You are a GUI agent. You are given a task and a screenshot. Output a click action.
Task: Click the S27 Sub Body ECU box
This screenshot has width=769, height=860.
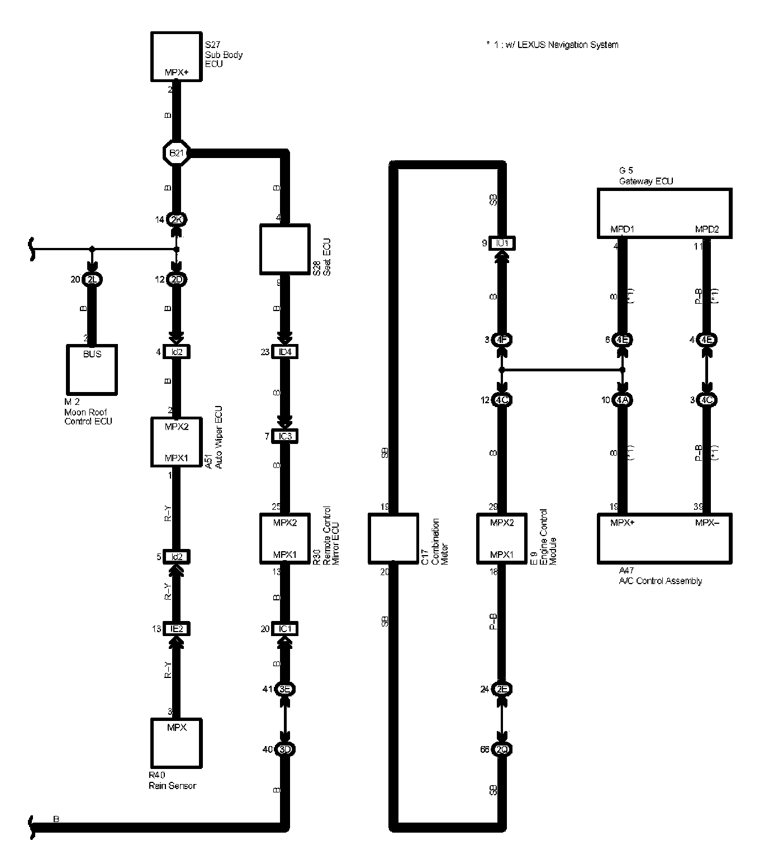(x=176, y=56)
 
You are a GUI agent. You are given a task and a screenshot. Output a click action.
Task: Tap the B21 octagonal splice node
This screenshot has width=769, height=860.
(x=176, y=152)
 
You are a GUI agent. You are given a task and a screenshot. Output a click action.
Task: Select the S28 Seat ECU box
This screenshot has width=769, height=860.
(x=285, y=250)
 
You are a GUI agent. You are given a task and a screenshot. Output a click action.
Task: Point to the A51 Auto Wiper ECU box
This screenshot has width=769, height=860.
(x=176, y=442)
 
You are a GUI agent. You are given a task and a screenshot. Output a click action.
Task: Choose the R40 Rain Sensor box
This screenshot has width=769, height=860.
(x=176, y=743)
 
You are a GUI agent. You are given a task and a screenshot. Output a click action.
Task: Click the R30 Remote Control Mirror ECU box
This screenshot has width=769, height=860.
(x=285, y=538)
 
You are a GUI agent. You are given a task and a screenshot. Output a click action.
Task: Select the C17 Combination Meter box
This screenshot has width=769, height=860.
(x=393, y=538)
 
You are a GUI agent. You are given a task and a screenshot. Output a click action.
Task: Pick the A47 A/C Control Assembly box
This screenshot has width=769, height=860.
(x=664, y=538)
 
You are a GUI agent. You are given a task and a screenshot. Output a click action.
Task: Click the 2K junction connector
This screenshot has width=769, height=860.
(x=176, y=219)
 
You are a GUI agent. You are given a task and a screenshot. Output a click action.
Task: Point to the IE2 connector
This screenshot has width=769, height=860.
(x=176, y=629)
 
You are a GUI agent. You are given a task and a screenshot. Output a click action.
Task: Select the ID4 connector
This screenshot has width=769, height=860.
(x=285, y=352)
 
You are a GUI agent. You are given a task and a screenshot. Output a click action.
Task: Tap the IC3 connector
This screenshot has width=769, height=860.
(x=285, y=436)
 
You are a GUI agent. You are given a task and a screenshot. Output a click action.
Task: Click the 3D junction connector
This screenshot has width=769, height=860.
(x=285, y=749)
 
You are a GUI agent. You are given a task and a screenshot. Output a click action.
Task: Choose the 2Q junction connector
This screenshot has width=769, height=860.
(x=502, y=749)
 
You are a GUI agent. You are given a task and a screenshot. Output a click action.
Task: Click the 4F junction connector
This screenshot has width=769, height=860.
(x=502, y=340)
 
